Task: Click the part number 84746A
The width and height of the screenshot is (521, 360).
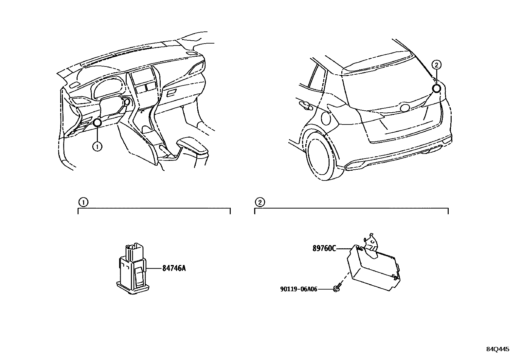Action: [x=174, y=268]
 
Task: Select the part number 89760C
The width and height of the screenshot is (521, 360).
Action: [x=324, y=249]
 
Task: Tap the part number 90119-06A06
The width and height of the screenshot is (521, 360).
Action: [x=298, y=289]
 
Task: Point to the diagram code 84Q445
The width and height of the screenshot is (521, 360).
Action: [x=497, y=349]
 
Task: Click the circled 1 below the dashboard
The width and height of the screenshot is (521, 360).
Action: [x=97, y=147]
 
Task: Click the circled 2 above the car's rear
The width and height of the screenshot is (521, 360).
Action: [x=436, y=65]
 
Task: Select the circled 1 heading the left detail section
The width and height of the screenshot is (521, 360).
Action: [x=83, y=202]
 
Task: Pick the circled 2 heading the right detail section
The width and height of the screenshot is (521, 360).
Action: [x=260, y=202]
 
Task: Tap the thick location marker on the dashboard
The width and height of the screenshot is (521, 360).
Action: [x=98, y=123]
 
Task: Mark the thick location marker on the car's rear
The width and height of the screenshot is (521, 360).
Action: [x=436, y=88]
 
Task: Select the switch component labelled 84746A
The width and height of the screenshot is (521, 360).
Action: [x=132, y=274]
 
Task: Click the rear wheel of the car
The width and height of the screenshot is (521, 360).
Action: [x=318, y=158]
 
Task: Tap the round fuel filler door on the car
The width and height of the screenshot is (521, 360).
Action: [x=326, y=118]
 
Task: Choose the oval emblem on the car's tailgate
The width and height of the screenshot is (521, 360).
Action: [x=405, y=108]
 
